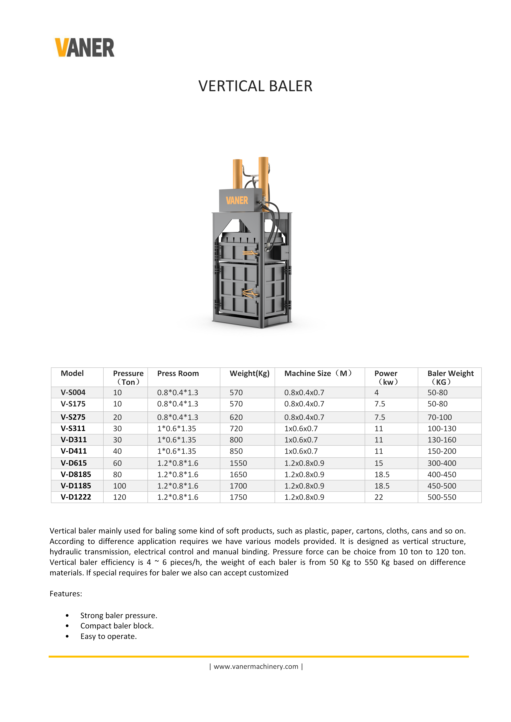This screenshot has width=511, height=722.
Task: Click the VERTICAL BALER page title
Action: pos(255,86)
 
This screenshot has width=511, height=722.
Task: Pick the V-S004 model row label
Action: pos(73,392)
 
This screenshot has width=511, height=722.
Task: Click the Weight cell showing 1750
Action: pos(238,497)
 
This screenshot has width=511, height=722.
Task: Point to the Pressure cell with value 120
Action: pos(120,497)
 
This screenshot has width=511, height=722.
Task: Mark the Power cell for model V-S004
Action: pos(377,392)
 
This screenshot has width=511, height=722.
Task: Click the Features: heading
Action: pos(66,594)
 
